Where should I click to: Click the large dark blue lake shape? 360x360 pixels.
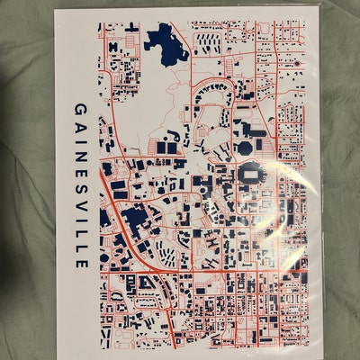coord(163,40)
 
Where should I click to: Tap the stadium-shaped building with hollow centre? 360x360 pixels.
coord(251,175)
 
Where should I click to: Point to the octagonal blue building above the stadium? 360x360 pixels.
coord(244,146)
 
